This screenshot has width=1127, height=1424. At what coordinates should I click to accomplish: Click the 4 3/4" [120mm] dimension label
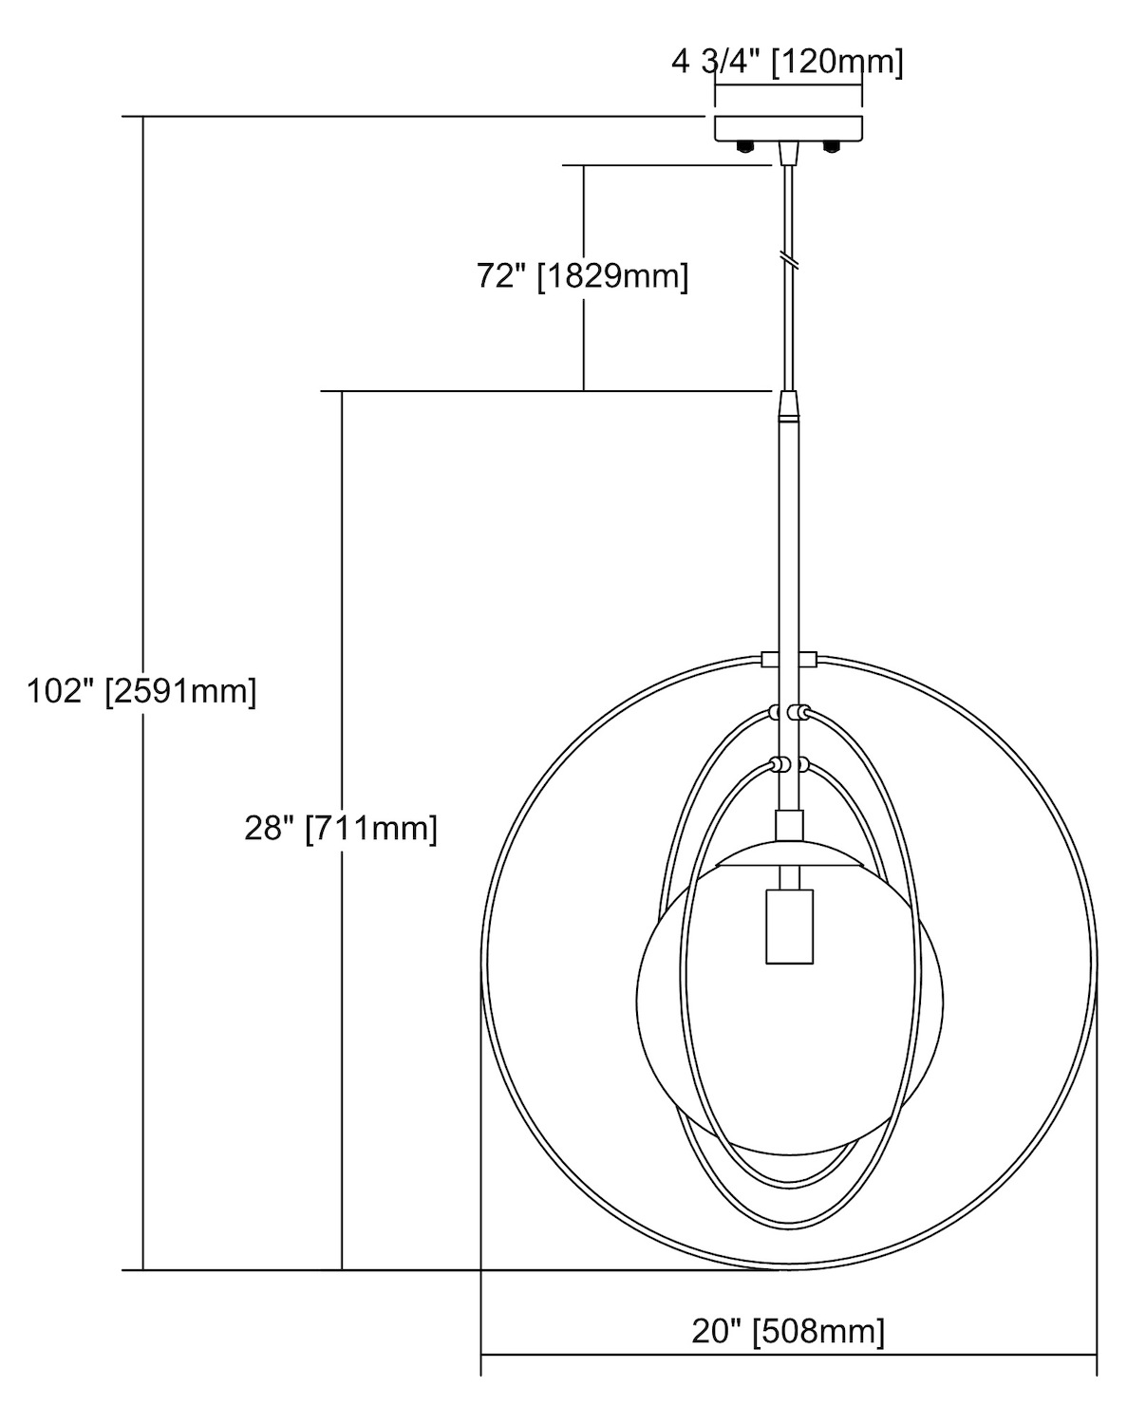click(787, 63)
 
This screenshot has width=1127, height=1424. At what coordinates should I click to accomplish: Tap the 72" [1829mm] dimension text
click(582, 275)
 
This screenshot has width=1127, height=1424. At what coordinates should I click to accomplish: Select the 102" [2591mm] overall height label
click(141, 691)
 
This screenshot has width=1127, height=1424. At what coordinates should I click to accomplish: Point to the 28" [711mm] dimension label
click(341, 828)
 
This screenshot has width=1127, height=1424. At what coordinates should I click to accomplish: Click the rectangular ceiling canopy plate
click(788, 128)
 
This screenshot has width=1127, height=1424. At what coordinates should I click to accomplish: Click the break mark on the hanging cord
click(789, 259)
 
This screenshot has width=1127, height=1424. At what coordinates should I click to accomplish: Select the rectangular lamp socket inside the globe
click(789, 927)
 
